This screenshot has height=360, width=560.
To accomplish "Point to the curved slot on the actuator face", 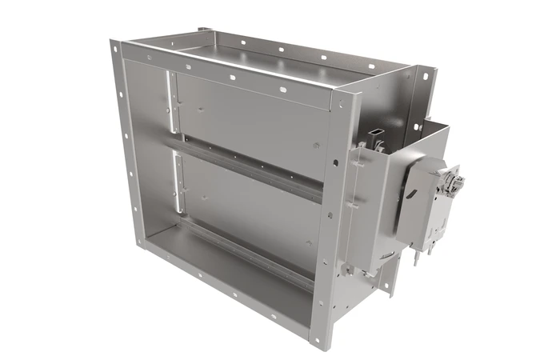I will coord(411,194).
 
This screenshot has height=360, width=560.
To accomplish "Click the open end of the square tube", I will coord(377,130).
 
